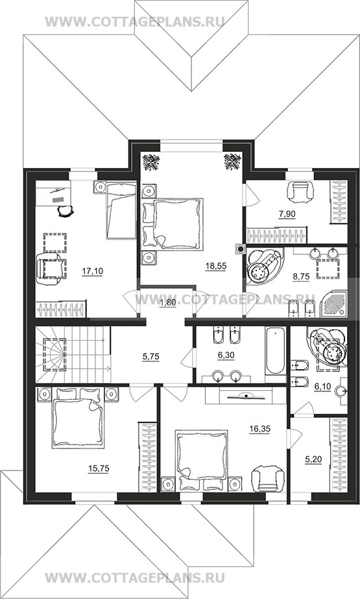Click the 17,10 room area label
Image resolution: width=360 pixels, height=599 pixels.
tap(92, 271)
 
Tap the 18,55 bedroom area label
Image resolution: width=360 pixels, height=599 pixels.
tap(216, 266)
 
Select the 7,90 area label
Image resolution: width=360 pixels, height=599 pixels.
tap(287, 214)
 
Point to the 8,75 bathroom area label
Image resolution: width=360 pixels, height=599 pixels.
tap(300, 276)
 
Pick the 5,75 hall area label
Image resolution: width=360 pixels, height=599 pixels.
tap(150, 357)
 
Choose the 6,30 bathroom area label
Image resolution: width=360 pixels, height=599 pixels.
tap(226, 356)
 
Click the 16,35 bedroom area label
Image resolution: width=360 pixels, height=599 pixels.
tap(259, 429)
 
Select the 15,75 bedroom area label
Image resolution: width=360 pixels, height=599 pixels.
tap(99, 469)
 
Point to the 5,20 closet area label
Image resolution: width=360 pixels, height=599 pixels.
tap(313, 460)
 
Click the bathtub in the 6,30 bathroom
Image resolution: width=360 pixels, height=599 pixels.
tap(275, 351)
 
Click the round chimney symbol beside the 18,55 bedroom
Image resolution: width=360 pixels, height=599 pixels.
tap(240, 250)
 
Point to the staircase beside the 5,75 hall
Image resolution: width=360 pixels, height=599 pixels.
tap(73, 354)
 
